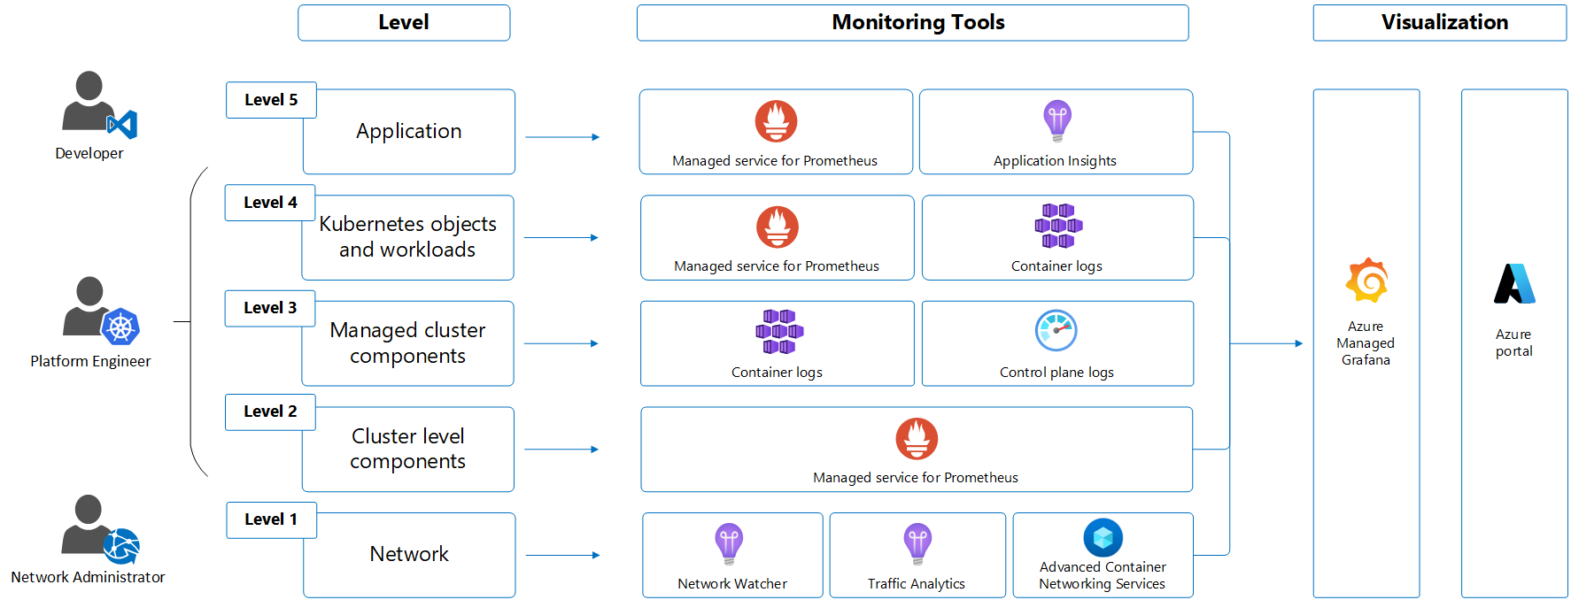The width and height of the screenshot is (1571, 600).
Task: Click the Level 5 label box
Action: (271, 100)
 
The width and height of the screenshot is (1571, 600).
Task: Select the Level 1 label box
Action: (271, 519)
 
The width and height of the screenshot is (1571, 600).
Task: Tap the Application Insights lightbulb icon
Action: (1056, 120)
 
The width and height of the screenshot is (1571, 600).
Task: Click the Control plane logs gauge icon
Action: (1056, 331)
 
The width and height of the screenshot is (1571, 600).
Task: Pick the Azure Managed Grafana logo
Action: (1366, 281)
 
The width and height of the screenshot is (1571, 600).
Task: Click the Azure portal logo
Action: (1514, 284)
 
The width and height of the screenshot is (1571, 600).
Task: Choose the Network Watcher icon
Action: (729, 543)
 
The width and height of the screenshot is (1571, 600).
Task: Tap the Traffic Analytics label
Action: (917, 584)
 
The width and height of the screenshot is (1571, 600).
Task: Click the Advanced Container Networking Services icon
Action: (1103, 537)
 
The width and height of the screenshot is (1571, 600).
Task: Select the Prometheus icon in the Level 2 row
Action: (917, 439)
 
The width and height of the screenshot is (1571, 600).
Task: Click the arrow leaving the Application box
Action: (562, 137)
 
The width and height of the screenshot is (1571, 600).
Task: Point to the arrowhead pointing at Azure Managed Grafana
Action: (1298, 343)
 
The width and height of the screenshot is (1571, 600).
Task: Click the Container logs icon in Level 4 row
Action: (1058, 226)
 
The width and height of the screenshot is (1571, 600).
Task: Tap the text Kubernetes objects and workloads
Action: (407, 237)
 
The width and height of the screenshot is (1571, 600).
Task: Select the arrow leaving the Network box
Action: (562, 556)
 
